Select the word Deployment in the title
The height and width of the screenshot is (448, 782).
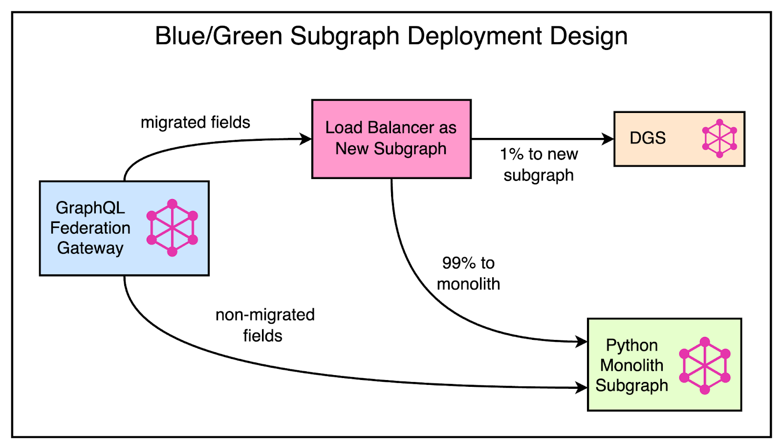tap(475, 36)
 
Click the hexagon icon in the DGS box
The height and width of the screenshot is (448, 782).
tap(719, 138)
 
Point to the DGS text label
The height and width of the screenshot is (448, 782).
tap(648, 138)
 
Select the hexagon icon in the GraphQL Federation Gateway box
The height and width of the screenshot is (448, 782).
tap(172, 228)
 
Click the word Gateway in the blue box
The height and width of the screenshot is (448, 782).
tap(90, 248)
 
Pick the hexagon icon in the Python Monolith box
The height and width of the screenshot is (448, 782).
tap(705, 365)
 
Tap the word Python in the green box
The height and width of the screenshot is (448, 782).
tap(631, 345)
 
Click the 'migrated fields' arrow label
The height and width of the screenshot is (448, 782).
tap(195, 122)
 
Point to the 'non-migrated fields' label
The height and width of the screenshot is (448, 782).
tap(264, 325)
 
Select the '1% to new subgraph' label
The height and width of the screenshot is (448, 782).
tap(539, 164)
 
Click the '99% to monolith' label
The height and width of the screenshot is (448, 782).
tap(468, 273)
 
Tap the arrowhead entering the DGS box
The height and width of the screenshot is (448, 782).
tap(608, 139)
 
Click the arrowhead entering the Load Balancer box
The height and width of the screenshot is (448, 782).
tap(306, 139)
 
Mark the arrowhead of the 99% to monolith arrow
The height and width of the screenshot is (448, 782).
tap(582, 341)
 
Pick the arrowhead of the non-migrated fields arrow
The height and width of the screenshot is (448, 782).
tap(582, 388)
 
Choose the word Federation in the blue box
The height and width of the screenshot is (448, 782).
tap(90, 228)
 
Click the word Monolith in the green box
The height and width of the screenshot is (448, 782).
tap(631, 365)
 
